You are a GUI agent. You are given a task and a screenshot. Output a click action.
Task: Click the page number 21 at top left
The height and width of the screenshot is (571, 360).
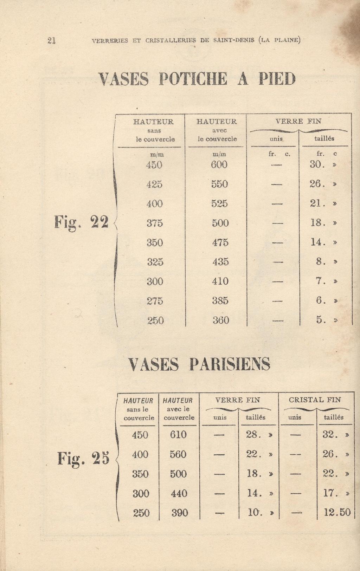pos(51,40)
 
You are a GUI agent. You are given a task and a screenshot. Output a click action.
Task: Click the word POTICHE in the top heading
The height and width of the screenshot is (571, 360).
pos(193,79)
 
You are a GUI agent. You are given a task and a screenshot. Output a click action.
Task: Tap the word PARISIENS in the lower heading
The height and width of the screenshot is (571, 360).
pos(230,364)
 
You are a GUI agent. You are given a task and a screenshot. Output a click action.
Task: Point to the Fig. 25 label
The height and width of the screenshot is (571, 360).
pos(83,458)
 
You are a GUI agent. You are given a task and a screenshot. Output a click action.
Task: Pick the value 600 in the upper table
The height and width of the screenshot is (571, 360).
pos(219,164)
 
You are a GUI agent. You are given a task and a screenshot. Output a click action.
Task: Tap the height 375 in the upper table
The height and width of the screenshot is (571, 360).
pos(155,223)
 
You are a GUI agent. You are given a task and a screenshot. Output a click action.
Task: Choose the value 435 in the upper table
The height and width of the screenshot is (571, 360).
pos(220,262)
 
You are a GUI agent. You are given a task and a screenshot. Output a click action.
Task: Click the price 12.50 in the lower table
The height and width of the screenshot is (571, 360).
pos(337,512)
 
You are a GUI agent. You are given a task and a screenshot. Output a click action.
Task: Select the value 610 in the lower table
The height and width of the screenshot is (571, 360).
pos(178,435)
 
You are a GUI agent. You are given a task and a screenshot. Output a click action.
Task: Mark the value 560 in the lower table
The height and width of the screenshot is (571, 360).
pos(178,454)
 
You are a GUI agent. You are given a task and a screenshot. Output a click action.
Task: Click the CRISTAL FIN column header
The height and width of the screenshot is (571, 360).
pos(315,400)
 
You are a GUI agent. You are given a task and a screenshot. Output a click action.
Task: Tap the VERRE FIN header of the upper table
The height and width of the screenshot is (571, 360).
pos(298,122)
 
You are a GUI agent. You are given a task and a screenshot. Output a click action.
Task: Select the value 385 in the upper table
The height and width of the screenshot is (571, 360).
pos(220,301)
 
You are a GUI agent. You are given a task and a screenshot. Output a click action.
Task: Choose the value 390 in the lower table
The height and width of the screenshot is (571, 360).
pos(179,513)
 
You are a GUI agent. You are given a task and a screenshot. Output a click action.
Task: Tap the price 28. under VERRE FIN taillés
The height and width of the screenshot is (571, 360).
pos(253,435)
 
